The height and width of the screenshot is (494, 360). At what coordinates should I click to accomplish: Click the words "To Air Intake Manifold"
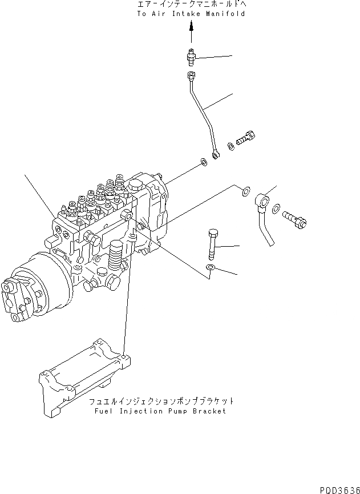[x=191, y=13]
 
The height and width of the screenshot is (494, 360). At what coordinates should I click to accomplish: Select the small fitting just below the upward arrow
[x=191, y=57]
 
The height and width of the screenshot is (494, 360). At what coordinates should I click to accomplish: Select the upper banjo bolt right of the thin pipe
[x=247, y=138]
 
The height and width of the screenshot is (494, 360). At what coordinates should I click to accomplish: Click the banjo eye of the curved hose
[x=262, y=200]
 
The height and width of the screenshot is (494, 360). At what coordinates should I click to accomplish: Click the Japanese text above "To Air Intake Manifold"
[x=191, y=5]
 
